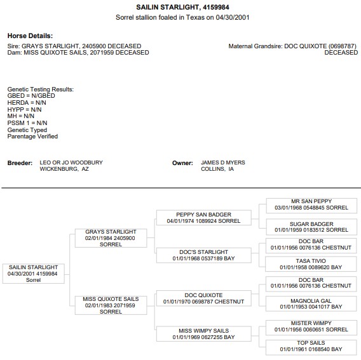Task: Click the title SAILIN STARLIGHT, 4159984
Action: coord(182,7)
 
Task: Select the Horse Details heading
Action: coord(30,36)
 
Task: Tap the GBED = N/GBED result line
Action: coord(31,96)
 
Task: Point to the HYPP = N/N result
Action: coord(24,109)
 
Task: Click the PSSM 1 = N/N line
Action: coord(27,123)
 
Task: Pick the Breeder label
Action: coord(20,163)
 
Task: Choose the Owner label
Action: coord(182,163)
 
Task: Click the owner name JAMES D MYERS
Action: coord(223,163)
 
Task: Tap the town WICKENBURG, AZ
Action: coord(64,169)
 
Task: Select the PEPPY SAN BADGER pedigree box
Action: coord(204,218)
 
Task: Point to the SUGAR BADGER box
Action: coord(311,227)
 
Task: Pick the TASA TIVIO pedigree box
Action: coord(311,264)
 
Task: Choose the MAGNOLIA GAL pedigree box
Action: coord(311,303)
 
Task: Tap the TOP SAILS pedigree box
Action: coord(311,346)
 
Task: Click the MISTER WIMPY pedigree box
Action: coord(311,326)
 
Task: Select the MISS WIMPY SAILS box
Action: coord(204,334)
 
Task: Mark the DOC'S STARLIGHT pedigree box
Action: coord(204,255)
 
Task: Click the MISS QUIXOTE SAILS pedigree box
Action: coord(111,305)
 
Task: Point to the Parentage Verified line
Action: coord(32,136)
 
